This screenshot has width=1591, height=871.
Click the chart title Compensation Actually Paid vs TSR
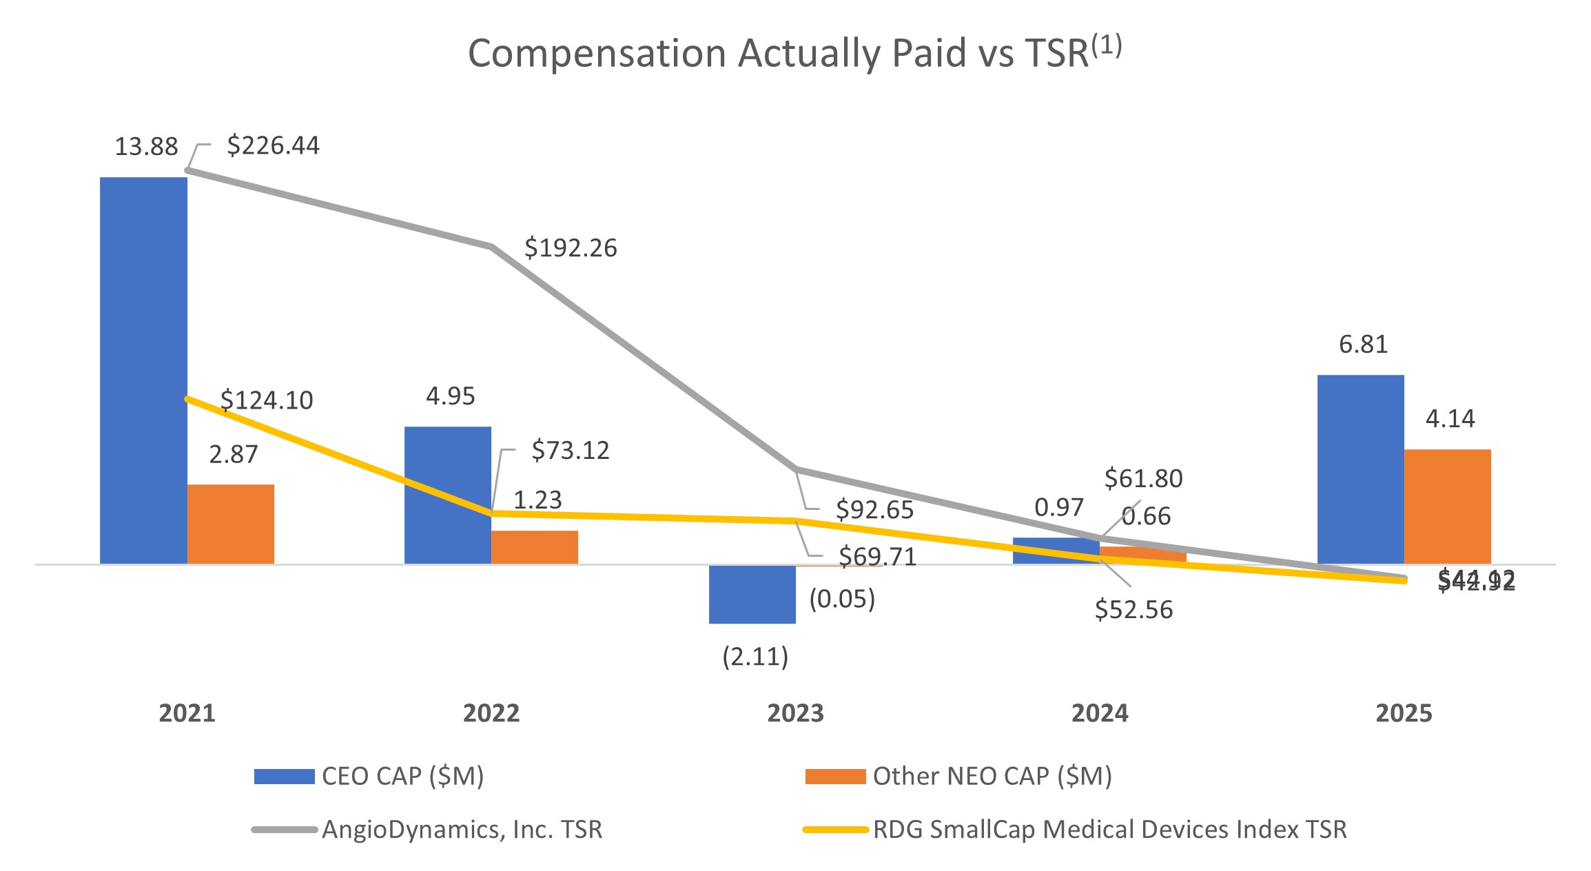(x=794, y=53)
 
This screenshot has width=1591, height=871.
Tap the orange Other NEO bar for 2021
(x=231, y=524)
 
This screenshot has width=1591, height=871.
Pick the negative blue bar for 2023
(x=752, y=594)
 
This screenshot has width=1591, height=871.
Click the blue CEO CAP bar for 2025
(x=1360, y=469)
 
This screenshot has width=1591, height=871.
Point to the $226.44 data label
(x=273, y=145)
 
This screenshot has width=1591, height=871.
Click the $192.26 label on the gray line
(x=571, y=248)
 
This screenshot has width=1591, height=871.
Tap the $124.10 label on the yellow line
(x=267, y=400)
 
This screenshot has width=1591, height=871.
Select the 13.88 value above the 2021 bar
(x=146, y=147)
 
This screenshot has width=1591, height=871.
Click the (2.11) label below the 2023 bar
(x=755, y=657)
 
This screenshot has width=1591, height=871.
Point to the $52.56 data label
(x=1133, y=610)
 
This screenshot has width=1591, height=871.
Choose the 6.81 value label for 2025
(x=1363, y=344)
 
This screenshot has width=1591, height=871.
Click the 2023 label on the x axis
(x=795, y=713)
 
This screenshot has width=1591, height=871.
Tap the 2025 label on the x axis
(x=1404, y=713)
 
